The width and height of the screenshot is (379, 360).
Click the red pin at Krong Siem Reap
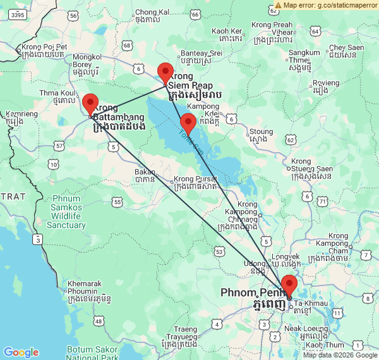165,73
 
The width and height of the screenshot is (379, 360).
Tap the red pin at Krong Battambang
90,103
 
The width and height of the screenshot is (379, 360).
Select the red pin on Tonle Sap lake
188,123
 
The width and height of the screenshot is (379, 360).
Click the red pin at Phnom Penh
289,285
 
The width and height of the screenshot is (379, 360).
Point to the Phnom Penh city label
252,294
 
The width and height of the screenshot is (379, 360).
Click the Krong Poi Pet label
44,47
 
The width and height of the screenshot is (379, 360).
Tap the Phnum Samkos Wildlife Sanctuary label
66,212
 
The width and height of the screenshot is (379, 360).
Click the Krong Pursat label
193,179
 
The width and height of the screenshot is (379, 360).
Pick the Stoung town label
262,132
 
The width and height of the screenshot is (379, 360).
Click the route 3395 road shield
18,15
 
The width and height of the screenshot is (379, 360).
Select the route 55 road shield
117,201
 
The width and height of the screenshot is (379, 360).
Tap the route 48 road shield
99,322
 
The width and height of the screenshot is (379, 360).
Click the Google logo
21,352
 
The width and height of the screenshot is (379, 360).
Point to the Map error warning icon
278,5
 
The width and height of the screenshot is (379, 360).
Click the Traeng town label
185,329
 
